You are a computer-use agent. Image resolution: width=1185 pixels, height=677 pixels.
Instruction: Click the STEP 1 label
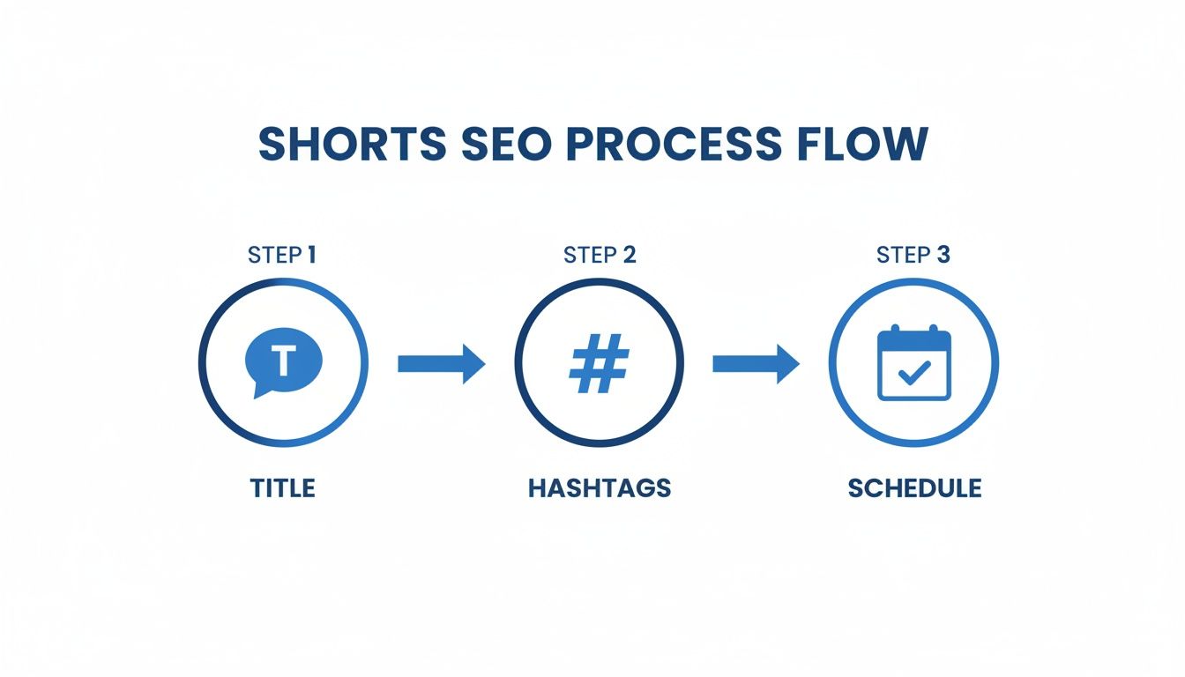point(283,256)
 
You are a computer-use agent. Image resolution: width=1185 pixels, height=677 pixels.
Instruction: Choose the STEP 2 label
point(600,256)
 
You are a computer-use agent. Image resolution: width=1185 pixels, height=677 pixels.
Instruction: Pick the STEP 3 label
point(913,256)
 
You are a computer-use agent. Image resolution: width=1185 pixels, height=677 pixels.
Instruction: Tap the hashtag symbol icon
point(599,363)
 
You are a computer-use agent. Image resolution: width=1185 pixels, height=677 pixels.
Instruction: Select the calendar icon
point(914,363)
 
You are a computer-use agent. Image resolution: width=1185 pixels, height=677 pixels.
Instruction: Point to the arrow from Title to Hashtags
point(441,363)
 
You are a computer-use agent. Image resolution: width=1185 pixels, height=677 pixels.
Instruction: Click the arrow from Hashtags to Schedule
point(756,363)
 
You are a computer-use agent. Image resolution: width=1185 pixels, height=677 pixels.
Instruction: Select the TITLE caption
point(283,487)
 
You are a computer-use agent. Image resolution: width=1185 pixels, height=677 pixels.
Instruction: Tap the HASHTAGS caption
point(600,487)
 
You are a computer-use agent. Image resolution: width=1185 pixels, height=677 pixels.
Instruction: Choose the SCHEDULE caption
point(914,487)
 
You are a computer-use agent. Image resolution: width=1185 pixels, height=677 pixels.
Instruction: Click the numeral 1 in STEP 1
point(310,256)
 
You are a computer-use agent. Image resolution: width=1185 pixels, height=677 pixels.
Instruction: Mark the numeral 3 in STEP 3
point(943,256)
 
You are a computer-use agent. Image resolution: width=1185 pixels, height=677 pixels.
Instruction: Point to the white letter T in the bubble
point(282,360)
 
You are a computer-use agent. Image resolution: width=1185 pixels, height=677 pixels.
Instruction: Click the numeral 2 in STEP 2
point(628,256)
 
